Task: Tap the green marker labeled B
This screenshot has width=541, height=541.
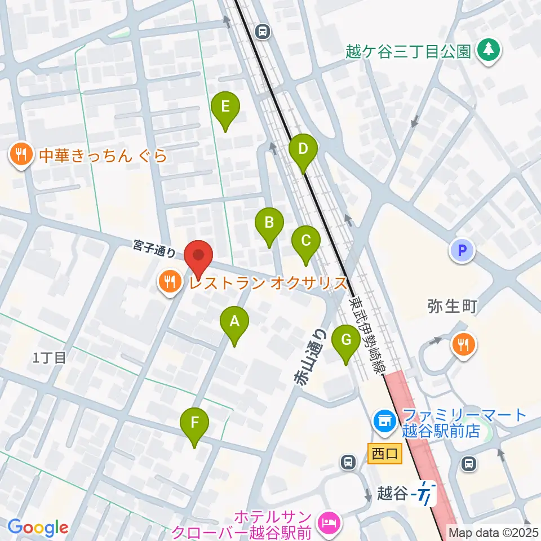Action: (269, 222)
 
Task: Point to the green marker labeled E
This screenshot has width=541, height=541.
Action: (225, 106)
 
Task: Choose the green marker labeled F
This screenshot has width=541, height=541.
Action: (194, 422)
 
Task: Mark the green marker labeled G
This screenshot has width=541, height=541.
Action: (346, 340)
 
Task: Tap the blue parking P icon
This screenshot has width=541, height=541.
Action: (463, 251)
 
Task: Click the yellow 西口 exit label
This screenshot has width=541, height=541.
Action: (385, 453)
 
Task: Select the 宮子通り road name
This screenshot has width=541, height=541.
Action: (154, 247)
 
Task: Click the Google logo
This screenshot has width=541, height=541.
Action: (38, 527)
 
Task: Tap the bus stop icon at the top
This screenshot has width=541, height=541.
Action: (262, 32)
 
